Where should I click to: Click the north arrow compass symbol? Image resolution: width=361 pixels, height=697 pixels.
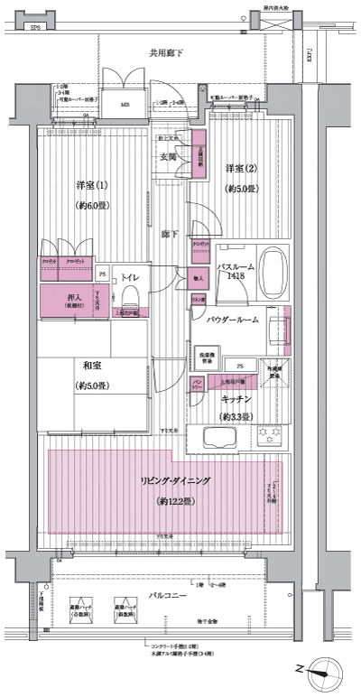tap(322, 671)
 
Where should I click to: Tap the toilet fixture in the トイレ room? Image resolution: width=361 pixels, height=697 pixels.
tap(127, 297)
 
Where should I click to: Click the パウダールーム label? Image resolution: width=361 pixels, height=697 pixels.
tap(233, 320)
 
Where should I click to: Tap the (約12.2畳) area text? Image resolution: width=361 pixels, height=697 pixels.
tap(171, 501)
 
